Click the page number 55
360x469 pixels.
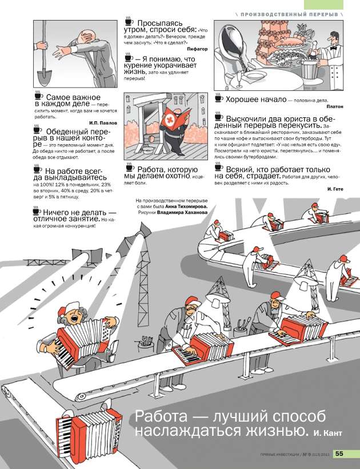click(x=339, y=454)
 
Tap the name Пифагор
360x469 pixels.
click(x=197, y=49)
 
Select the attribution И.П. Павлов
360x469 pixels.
click(x=103, y=123)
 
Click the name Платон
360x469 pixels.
click(x=335, y=106)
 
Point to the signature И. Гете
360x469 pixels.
click(x=335, y=189)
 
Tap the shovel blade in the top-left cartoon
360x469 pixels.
click(x=45, y=78)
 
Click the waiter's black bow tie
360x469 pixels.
click(x=333, y=47)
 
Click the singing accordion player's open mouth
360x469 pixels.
click(x=74, y=318)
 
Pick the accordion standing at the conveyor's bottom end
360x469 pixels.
click(x=89, y=427)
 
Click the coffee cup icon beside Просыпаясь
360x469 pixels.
click(x=129, y=21)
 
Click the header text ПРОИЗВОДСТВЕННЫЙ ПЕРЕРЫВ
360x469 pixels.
click(x=289, y=14)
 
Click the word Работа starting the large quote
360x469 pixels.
click(x=161, y=416)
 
